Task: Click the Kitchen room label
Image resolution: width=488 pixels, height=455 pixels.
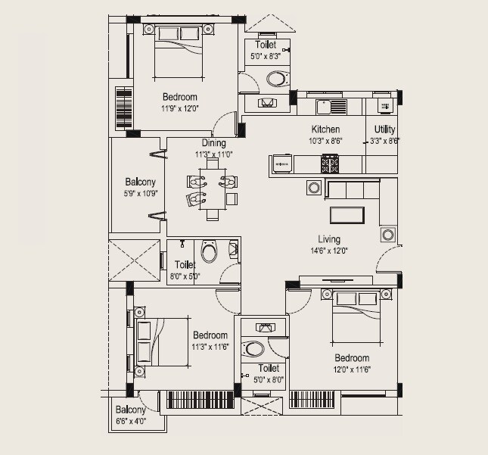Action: pyautogui.click(x=326, y=129)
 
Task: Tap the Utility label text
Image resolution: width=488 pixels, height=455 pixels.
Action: pyautogui.click(x=384, y=129)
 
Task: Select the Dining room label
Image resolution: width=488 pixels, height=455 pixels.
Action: pyautogui.click(x=213, y=143)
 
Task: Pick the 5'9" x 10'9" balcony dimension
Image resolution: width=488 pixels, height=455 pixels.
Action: pyautogui.click(x=140, y=193)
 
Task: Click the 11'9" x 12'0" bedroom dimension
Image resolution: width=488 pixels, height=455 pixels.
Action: pyautogui.click(x=179, y=108)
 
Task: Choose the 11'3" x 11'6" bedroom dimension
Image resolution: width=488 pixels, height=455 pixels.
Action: pyautogui.click(x=210, y=346)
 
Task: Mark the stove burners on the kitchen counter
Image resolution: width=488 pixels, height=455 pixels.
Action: pyautogui.click(x=330, y=161)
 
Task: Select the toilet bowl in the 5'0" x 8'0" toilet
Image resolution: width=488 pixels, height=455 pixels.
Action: pyautogui.click(x=254, y=349)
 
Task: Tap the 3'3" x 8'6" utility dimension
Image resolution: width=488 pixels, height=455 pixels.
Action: pyautogui.click(x=384, y=140)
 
